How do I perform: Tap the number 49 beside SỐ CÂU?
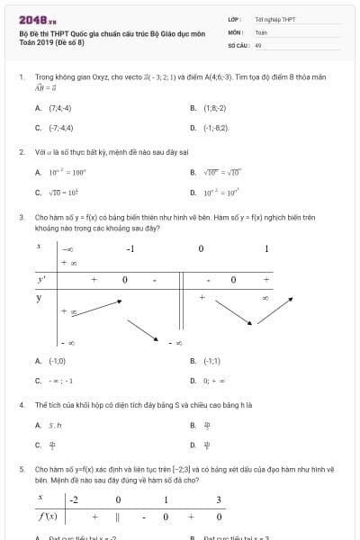point(258,44)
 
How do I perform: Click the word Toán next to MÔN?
point(261,31)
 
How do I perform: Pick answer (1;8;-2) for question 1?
point(213,107)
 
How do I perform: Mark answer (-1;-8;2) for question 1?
point(216,128)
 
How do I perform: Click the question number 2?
point(21,151)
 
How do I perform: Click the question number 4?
point(21,404)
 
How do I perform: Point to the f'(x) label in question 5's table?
point(47,517)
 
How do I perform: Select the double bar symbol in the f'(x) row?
point(118,517)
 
